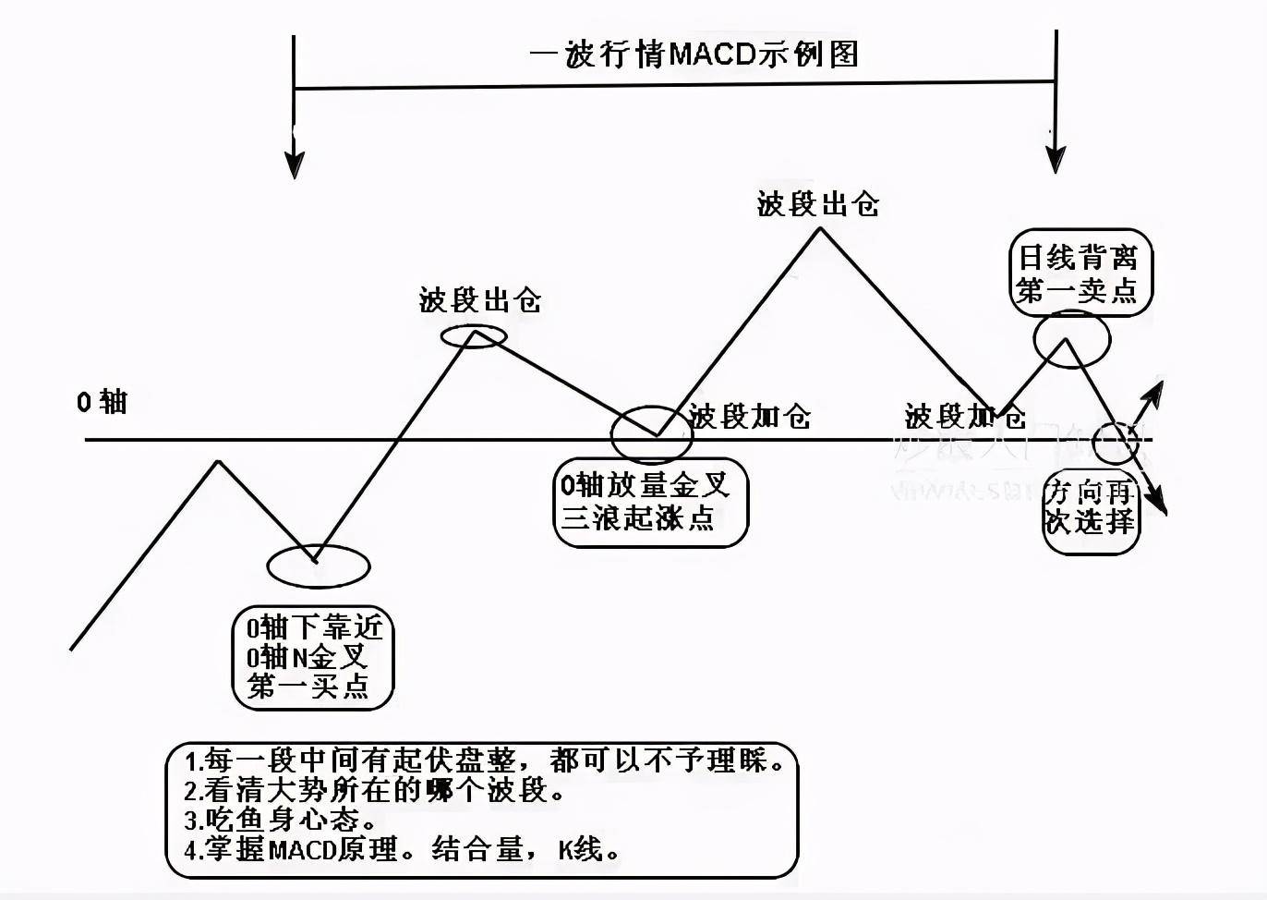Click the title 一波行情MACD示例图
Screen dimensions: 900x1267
(694, 54)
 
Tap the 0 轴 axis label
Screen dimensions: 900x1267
(102, 402)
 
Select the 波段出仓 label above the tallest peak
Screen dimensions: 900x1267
(817, 204)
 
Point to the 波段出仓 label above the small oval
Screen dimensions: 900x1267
(479, 300)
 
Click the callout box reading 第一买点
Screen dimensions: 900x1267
(312, 658)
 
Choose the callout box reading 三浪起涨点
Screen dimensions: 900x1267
(650, 502)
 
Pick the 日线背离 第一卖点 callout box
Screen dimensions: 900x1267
(1079, 274)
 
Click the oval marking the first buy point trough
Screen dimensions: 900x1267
(318, 566)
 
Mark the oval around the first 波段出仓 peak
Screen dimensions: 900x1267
(474, 336)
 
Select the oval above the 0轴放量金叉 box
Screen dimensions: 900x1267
(651, 432)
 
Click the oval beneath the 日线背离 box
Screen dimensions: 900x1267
(1071, 339)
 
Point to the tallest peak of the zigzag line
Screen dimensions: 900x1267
(818, 230)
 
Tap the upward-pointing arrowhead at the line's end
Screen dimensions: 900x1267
(1153, 393)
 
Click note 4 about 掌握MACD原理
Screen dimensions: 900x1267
(402, 849)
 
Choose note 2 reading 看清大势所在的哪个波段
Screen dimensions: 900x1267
(374, 791)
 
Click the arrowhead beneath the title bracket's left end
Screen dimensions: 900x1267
(294, 165)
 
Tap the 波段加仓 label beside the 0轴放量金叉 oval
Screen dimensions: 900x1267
(749, 417)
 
